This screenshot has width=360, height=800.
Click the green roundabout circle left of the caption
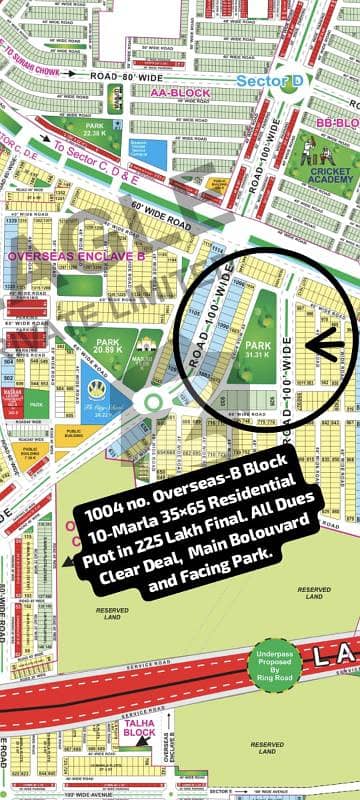point(152,403)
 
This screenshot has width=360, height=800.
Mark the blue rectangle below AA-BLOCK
point(155,153)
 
